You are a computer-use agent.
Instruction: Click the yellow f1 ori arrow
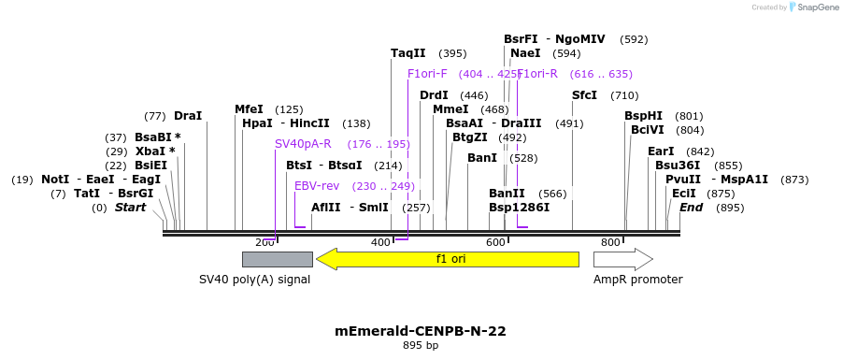(x=448, y=259)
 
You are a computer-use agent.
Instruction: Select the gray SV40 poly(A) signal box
(x=277, y=259)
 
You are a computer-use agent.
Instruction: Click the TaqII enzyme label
(x=408, y=53)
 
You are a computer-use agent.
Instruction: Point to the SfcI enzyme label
(x=584, y=95)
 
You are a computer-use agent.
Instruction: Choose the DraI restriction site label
(x=188, y=116)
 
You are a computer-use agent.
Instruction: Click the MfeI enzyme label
(x=249, y=109)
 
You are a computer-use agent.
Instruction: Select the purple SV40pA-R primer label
(x=303, y=144)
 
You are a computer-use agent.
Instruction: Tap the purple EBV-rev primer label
(x=317, y=186)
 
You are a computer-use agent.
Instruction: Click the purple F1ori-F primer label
(x=427, y=74)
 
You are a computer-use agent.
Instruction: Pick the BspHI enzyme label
(x=643, y=116)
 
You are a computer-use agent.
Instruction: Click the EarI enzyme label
(x=661, y=151)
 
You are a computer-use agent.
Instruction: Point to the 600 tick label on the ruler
(x=495, y=242)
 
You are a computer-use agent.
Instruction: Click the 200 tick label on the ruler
(x=264, y=242)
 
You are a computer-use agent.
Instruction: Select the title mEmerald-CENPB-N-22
(x=421, y=331)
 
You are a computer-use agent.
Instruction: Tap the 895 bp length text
(x=421, y=346)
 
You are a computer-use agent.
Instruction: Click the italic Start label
(x=130, y=208)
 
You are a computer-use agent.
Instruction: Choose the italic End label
(x=691, y=208)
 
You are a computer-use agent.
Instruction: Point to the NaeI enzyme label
(x=525, y=53)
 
